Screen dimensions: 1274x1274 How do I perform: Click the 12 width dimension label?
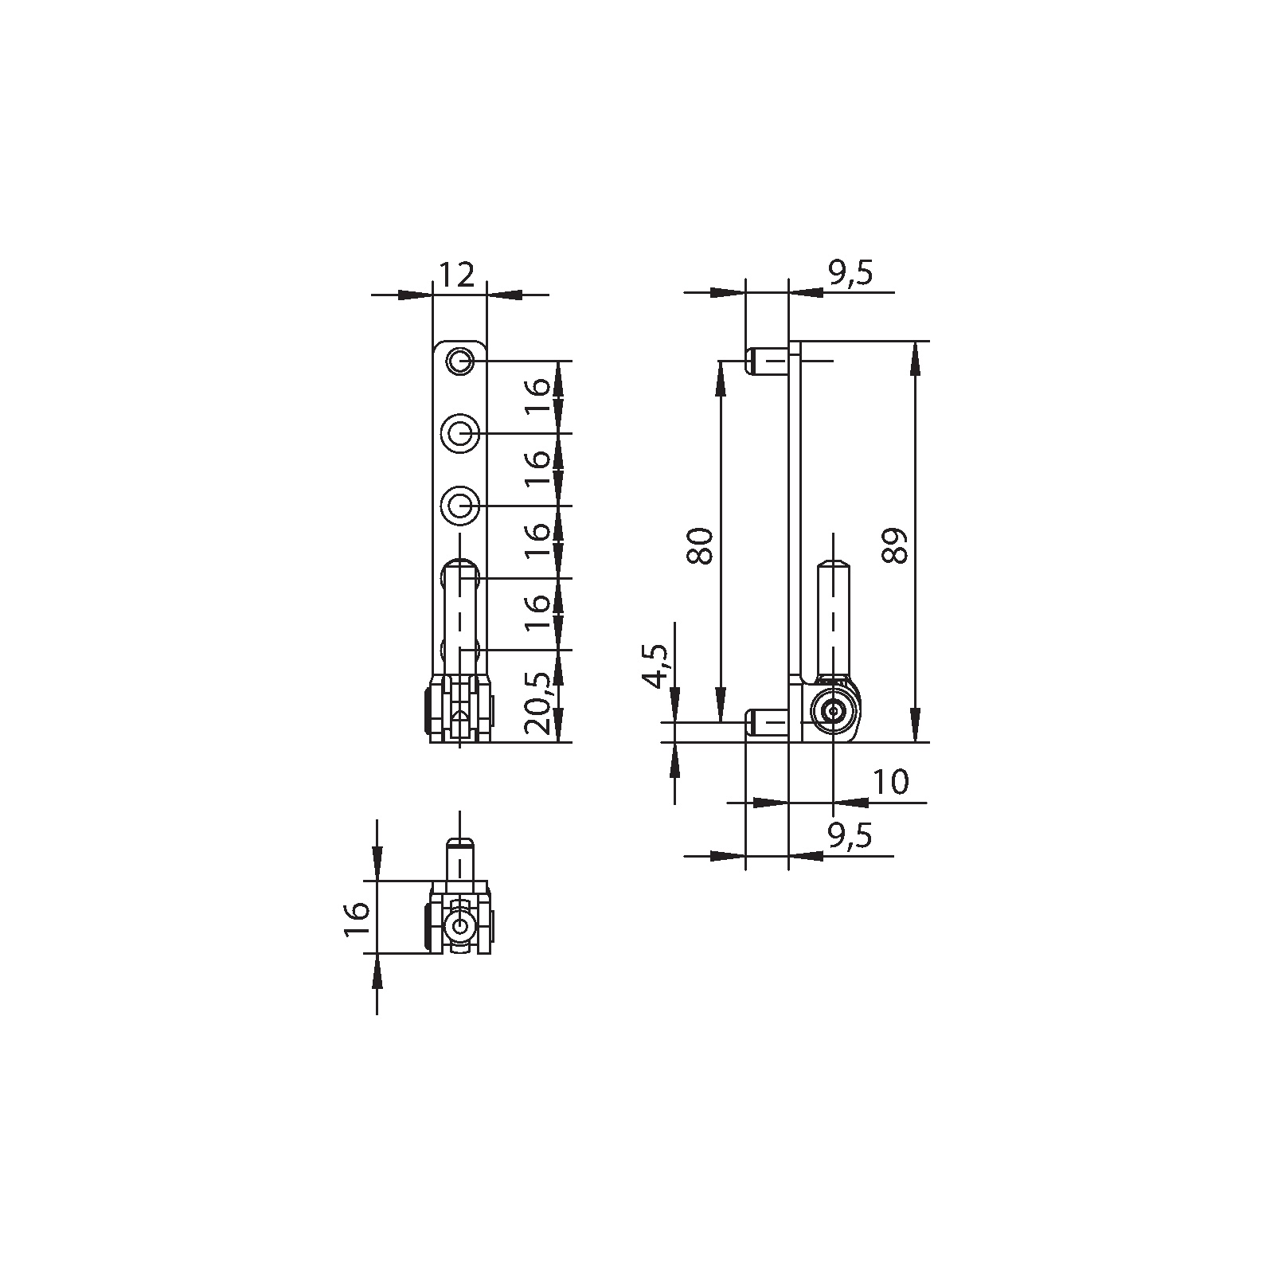pyautogui.click(x=457, y=276)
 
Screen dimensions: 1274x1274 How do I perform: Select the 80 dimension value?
pyautogui.click(x=701, y=546)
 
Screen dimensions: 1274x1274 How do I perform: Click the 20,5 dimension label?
pyautogui.click(x=538, y=702)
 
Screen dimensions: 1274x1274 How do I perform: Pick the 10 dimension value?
pyautogui.click(x=890, y=784)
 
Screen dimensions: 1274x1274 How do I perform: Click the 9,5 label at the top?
pyautogui.click(x=850, y=274)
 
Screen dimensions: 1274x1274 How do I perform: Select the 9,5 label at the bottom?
pyautogui.click(x=850, y=836)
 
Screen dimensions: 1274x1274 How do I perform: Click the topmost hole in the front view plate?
pyautogui.click(x=459, y=362)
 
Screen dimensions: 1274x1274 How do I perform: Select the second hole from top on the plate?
pyautogui.click(x=459, y=434)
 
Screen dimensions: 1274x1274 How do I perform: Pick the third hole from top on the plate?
pyautogui.click(x=459, y=506)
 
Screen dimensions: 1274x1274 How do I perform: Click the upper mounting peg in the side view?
pyautogui.click(x=766, y=361)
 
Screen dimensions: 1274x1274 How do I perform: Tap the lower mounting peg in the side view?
pyautogui.click(x=766, y=722)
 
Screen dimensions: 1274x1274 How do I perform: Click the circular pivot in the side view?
pyautogui.click(x=833, y=712)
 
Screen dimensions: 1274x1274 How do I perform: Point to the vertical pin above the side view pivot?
pyautogui.click(x=833, y=617)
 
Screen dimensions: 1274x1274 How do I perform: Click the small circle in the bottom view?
pyautogui.click(x=459, y=926)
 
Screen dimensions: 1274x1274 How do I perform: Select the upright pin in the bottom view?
pyautogui.click(x=459, y=860)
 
